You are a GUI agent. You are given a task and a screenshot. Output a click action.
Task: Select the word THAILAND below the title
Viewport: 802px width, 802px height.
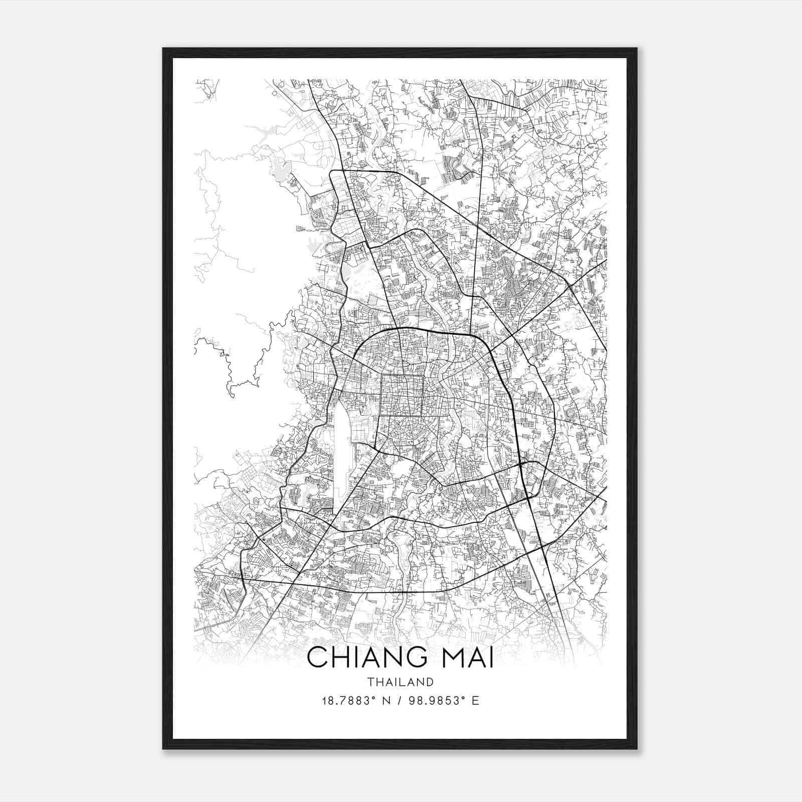point(400,682)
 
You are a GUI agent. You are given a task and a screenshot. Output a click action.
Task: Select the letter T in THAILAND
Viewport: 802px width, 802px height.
point(370,682)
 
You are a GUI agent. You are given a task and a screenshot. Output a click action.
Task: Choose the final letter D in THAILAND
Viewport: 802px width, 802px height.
point(430,682)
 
